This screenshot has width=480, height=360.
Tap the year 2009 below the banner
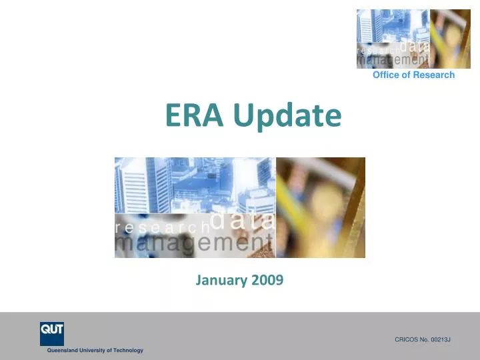pyautogui.click(x=267, y=281)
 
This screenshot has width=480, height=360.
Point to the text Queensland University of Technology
pyautogui.click(x=95, y=351)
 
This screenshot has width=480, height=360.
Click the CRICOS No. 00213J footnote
pyautogui.click(x=423, y=340)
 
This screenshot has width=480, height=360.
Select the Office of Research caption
pyautogui.click(x=413, y=75)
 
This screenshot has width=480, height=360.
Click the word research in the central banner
pyautogui.click(x=162, y=227)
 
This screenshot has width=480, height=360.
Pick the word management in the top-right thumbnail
pyautogui.click(x=392, y=60)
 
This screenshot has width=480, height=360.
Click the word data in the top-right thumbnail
pyautogui.click(x=415, y=46)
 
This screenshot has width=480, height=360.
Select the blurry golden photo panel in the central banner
pyautogui.click(x=321, y=207)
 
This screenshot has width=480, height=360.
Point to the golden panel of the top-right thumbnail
pyautogui.click(x=451, y=39)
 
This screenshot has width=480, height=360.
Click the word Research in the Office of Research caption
pyautogui.click(x=434, y=75)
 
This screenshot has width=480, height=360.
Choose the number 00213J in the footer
pyautogui.click(x=439, y=340)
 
